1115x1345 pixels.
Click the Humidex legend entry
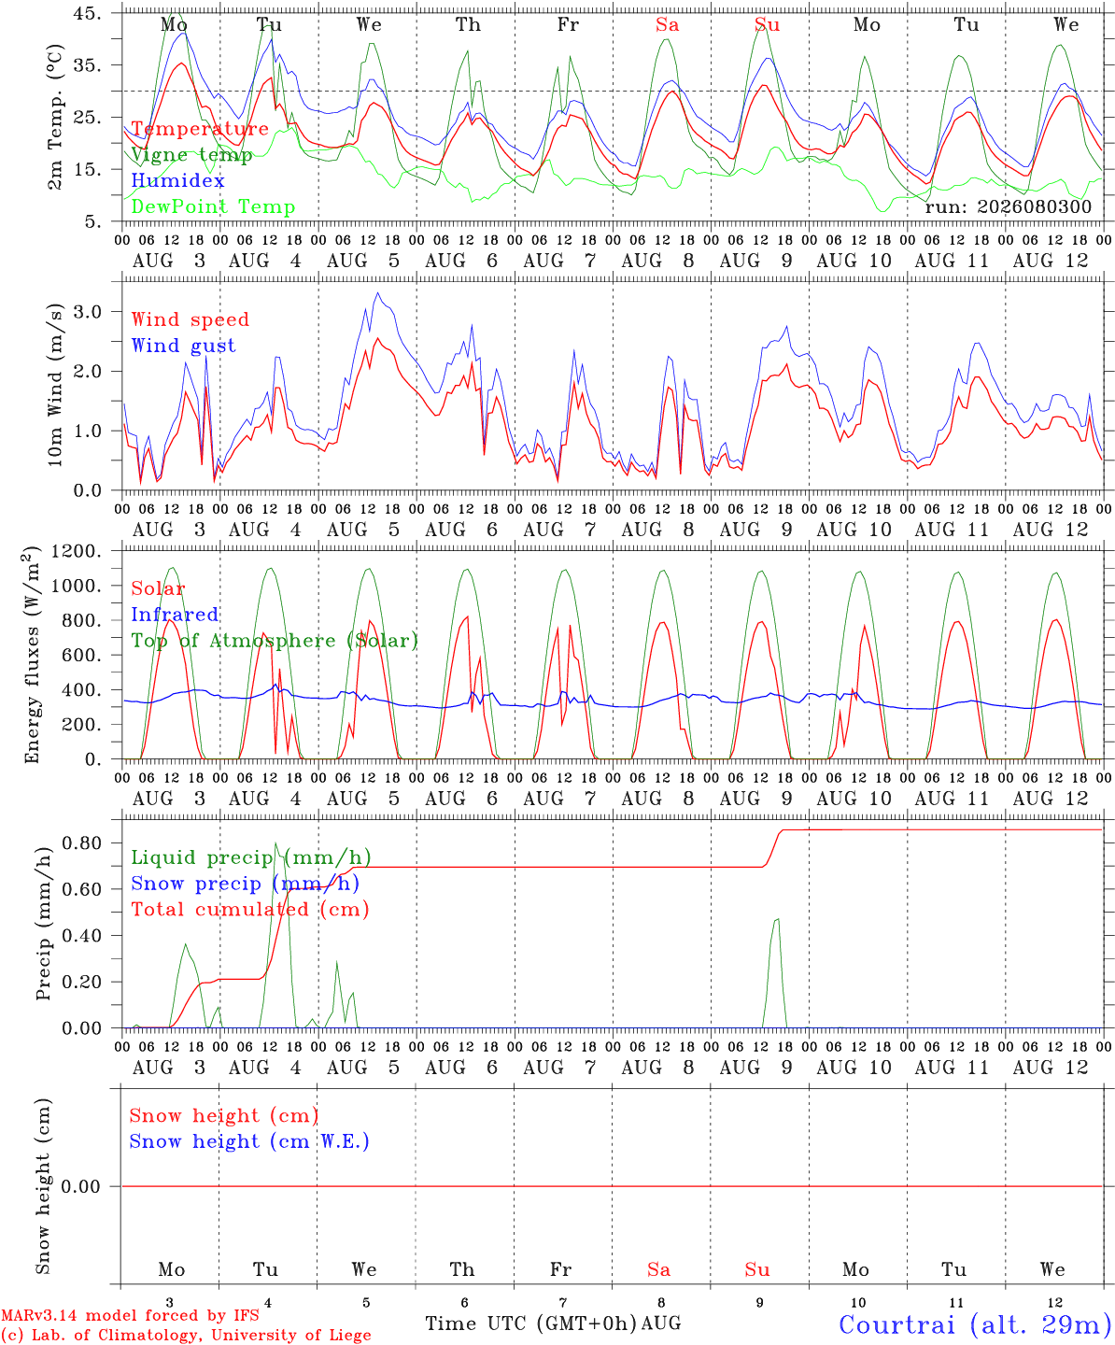pos(177,180)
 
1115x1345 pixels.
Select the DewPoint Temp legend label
pos(213,206)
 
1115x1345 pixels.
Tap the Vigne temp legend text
pos(192,155)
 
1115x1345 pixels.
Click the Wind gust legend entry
pos(184,346)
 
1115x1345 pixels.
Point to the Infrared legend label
pos(175,615)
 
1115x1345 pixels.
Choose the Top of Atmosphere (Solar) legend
pos(275,641)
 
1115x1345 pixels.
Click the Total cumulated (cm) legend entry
pos(250,910)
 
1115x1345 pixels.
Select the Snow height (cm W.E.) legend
pos(249,1141)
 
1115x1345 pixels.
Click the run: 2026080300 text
pos(1008,206)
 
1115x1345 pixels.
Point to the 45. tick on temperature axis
pos(87,13)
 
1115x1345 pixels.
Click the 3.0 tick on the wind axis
pos(87,312)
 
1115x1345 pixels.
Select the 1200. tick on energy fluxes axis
pos(77,551)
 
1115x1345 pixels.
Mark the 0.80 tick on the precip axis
pos(82,842)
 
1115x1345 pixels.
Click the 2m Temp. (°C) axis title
pos(55,117)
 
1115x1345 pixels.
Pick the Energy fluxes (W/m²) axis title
pos(32,655)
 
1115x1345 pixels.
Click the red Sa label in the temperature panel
pos(668,25)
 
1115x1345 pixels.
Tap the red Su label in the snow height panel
pos(757,1269)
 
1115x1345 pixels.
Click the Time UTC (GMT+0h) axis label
pos(530,1324)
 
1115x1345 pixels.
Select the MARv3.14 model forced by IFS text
pos(130,1315)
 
